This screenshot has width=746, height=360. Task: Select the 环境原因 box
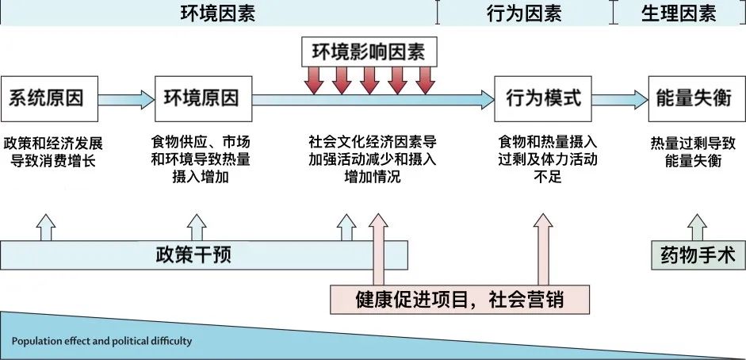click(x=201, y=99)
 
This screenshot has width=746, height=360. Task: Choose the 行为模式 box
click(x=543, y=99)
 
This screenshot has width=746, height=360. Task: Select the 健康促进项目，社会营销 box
click(x=461, y=300)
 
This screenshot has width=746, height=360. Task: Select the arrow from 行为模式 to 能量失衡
click(x=619, y=99)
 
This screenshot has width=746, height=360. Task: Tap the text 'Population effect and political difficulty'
click(x=101, y=343)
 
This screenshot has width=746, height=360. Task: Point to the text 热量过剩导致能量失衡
click(x=694, y=152)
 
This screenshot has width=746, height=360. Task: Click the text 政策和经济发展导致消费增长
click(x=53, y=152)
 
